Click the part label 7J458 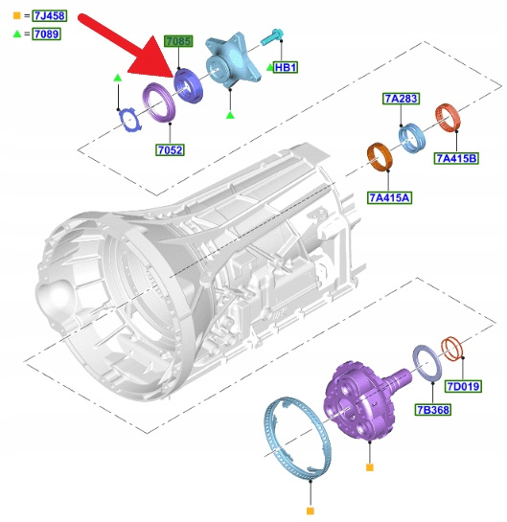(50, 15)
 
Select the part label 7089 (46, 34)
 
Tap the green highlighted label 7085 (178, 41)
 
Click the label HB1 (286, 68)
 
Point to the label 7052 (170, 150)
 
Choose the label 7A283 (401, 99)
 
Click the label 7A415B (456, 158)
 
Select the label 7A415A (389, 197)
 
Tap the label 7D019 (463, 387)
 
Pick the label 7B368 (432, 410)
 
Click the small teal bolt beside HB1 (272, 36)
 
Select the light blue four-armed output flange (232, 61)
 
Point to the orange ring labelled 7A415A (380, 157)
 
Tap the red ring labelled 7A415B (448, 118)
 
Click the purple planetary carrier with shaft (363, 400)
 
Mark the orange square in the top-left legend (16, 15)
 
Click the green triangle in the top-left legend (17, 34)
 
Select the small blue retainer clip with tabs (130, 119)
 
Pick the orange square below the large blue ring (311, 511)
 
